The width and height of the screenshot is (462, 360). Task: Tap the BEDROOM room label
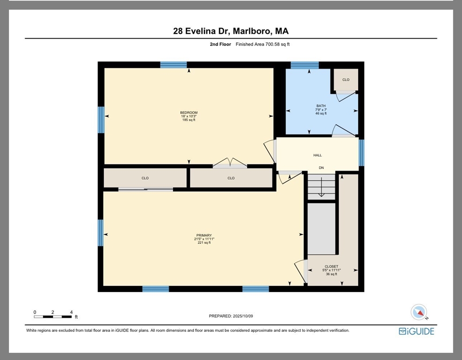click(x=189, y=112)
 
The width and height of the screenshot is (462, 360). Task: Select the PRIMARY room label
click(x=204, y=235)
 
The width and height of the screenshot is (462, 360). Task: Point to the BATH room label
click(x=321, y=105)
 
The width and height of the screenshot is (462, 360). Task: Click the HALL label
click(x=318, y=155)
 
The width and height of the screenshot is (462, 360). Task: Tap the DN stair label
click(x=321, y=168)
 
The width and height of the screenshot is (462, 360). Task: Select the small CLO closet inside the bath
click(x=346, y=80)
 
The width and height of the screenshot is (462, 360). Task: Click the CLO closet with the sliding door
click(x=145, y=178)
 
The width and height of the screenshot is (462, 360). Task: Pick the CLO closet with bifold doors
click(x=231, y=178)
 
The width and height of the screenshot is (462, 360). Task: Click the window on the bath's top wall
click(x=305, y=65)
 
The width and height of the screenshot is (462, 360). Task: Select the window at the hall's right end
click(x=362, y=153)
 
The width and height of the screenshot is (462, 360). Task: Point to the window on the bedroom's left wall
click(x=101, y=120)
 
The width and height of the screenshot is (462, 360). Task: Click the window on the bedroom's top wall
click(x=174, y=65)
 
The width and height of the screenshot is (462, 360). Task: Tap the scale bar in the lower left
click(x=53, y=317)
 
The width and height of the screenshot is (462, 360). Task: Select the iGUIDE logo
click(x=417, y=331)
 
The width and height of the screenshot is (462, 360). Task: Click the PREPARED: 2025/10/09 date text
click(x=231, y=316)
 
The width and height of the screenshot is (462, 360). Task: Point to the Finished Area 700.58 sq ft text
click(x=263, y=44)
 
